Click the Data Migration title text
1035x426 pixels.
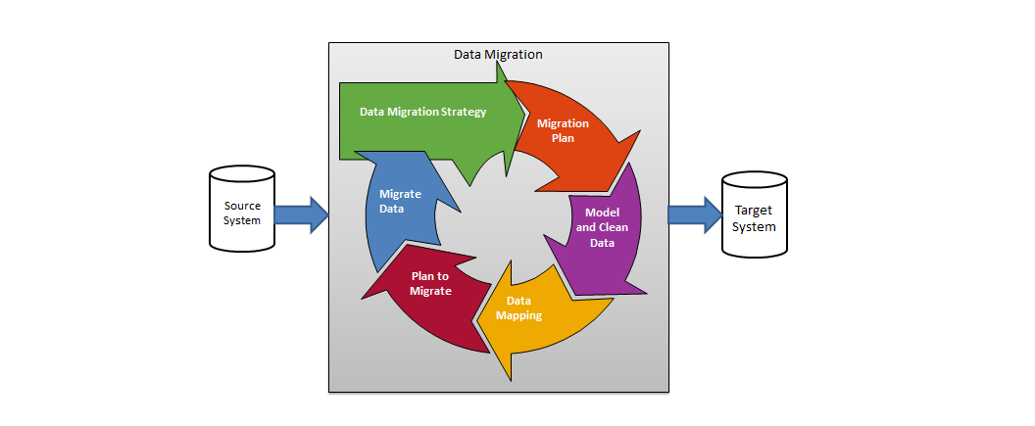click(x=498, y=55)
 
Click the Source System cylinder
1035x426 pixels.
click(x=242, y=213)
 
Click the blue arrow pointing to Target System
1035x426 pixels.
click(x=695, y=214)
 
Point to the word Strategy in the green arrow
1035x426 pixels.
click(x=463, y=112)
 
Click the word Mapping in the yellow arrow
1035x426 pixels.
click(x=518, y=315)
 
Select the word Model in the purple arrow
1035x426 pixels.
click(x=602, y=213)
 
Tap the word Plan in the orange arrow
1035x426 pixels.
click(x=562, y=138)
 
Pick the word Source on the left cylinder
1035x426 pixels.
click(x=242, y=206)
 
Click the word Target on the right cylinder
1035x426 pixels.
click(x=755, y=212)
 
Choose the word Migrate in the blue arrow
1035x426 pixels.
click(x=400, y=194)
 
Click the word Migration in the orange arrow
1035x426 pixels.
click(x=563, y=123)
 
